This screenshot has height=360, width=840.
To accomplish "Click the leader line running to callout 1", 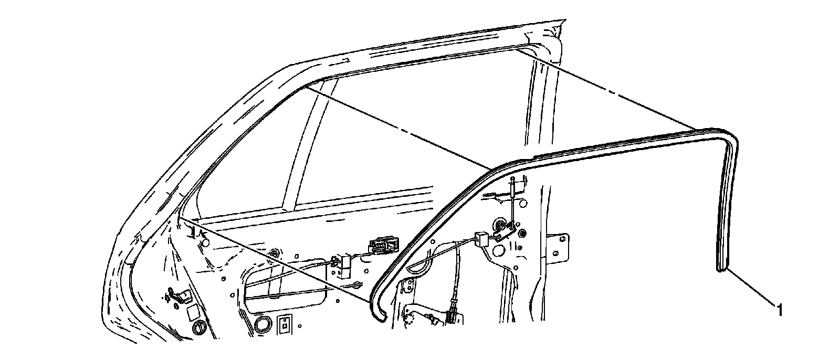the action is (x=751, y=287).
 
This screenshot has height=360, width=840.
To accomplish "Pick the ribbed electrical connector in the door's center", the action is (x=384, y=246).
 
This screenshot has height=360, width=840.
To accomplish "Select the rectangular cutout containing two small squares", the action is (x=285, y=324).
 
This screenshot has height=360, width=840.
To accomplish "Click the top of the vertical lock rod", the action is (x=512, y=181).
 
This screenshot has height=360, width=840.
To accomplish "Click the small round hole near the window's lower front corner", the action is (x=205, y=243).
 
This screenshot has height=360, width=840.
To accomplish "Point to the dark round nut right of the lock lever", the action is (x=522, y=233).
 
